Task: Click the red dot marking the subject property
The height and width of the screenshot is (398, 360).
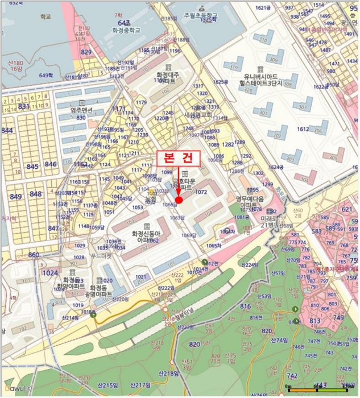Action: pos(179,200)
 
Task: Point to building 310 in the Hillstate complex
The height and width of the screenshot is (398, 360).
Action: pos(263,40)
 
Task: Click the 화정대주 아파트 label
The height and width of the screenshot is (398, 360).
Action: pos(168,78)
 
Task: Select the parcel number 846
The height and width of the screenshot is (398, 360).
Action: pos(51,164)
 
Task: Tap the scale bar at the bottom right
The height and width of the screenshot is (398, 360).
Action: pos(318,389)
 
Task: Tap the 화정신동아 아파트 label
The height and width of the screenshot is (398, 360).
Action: pos(146,237)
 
